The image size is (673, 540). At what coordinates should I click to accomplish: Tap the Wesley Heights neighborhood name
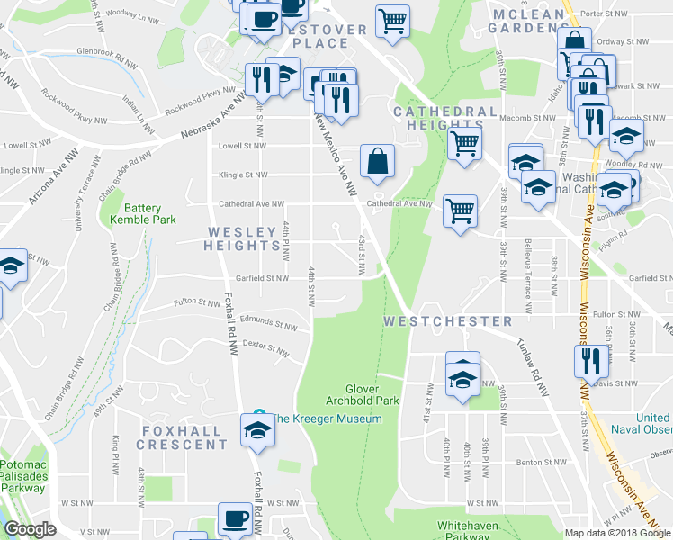pyautogui.click(x=243, y=238)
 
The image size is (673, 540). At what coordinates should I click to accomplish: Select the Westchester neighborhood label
pyautogui.click(x=447, y=321)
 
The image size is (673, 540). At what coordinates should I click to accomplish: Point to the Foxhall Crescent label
pyautogui.click(x=184, y=437)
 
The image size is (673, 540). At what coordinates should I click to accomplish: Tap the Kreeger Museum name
pyautogui.click(x=329, y=418)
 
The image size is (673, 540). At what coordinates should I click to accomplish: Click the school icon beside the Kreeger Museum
pyautogui.click(x=257, y=431)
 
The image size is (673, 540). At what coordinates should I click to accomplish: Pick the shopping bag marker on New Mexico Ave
pyautogui.click(x=377, y=161)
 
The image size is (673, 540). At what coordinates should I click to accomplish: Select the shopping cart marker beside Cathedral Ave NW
pyautogui.click(x=460, y=211)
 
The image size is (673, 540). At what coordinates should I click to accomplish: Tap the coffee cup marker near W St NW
pyautogui.click(x=236, y=520)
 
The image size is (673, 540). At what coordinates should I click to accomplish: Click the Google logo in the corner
pyautogui.click(x=31, y=529)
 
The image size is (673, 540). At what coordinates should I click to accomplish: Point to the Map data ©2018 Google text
pyautogui.click(x=617, y=533)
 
